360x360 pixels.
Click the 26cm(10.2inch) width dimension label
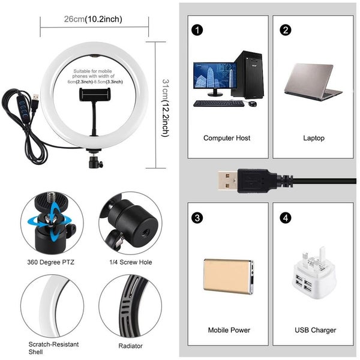[x=93, y=19]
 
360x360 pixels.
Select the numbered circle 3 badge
[x=197, y=217]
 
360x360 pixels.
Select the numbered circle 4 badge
[x=286, y=217]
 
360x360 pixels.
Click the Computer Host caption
[x=227, y=138]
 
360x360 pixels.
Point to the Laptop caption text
[x=314, y=138]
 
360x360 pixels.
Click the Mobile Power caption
[x=229, y=330]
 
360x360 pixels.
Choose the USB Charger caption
[x=316, y=330]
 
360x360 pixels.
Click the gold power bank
[x=229, y=276]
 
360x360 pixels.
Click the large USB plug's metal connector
[x=229, y=179]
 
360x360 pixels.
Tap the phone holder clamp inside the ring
[x=98, y=94]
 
